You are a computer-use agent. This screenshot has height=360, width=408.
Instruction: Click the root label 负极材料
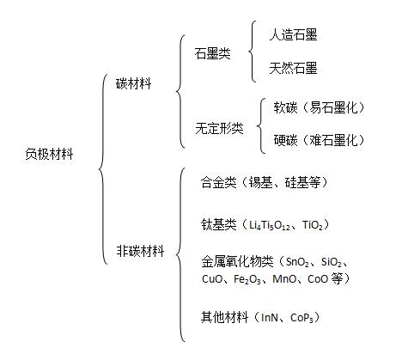(49, 155)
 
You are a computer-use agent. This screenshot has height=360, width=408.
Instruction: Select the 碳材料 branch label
(133, 83)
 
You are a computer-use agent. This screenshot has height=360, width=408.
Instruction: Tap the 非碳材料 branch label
(140, 251)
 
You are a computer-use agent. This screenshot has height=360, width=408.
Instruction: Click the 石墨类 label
(212, 53)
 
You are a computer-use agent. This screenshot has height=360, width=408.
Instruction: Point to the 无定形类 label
(219, 128)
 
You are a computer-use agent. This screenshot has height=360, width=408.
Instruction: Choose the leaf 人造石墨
(293, 35)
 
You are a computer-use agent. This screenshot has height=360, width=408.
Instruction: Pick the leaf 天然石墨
(293, 69)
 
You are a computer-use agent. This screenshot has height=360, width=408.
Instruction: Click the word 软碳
(285, 107)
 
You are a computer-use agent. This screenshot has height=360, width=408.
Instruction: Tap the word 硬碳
(285, 140)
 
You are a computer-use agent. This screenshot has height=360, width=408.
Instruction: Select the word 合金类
(218, 182)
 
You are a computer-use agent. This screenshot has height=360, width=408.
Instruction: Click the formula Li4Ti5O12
(269, 226)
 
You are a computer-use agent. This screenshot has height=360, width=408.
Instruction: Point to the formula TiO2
(313, 226)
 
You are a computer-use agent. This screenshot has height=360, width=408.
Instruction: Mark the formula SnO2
(297, 262)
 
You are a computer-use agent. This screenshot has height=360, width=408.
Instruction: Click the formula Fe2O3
(247, 279)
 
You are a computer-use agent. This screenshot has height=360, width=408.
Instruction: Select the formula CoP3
(301, 318)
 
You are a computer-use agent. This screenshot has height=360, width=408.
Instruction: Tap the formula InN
(270, 317)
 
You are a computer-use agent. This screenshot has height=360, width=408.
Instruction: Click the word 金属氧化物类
(237, 261)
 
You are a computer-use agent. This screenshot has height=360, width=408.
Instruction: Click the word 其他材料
(224, 317)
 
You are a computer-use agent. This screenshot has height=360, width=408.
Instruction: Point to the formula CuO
(212, 278)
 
